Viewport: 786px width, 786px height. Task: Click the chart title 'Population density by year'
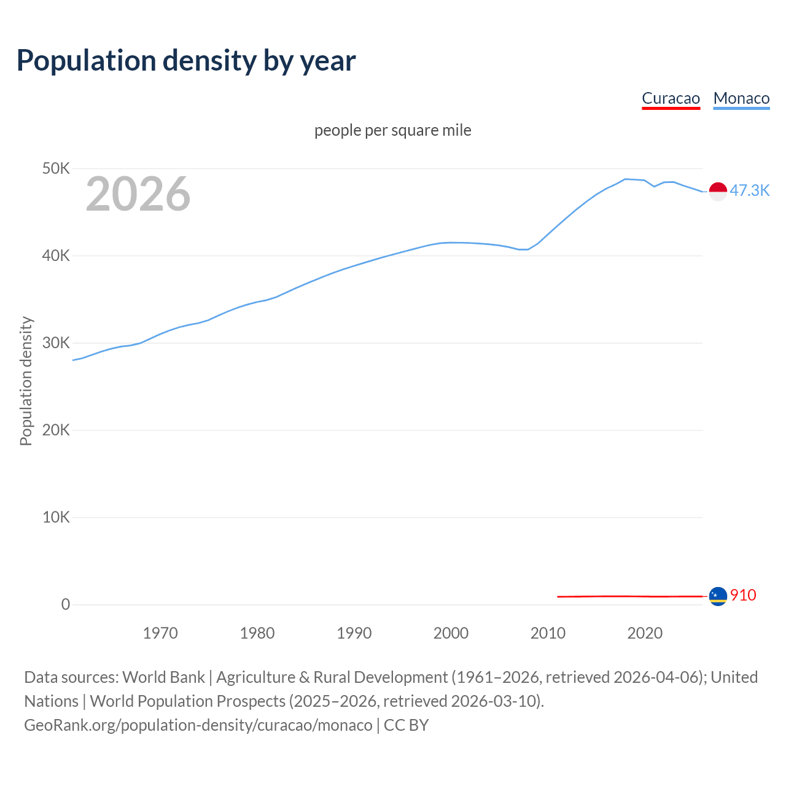(x=186, y=61)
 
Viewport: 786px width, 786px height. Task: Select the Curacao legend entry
(x=671, y=98)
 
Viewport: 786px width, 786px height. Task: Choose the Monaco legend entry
(x=741, y=98)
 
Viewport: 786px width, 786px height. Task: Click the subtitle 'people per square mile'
(x=392, y=130)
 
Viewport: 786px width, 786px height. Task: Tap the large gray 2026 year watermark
(x=138, y=194)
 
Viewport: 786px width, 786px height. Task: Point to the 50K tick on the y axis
(x=56, y=168)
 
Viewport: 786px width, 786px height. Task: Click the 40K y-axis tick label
(x=56, y=255)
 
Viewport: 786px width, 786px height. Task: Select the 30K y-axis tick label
(x=56, y=343)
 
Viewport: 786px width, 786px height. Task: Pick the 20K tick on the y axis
(x=56, y=430)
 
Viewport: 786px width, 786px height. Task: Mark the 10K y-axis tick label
(x=56, y=517)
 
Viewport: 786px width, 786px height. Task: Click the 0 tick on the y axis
(x=65, y=604)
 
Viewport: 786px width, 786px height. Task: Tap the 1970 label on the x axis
(x=160, y=633)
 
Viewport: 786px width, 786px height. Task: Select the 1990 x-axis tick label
(x=354, y=633)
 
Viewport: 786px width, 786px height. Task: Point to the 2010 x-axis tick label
(x=548, y=633)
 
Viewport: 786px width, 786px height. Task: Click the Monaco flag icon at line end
(x=718, y=192)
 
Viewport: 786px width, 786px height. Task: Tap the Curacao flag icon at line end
(x=718, y=596)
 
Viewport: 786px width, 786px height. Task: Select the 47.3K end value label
(x=749, y=190)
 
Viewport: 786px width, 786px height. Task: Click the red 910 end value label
(x=743, y=595)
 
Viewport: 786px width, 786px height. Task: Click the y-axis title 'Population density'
(x=26, y=381)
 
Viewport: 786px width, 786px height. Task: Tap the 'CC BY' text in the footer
(x=406, y=725)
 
